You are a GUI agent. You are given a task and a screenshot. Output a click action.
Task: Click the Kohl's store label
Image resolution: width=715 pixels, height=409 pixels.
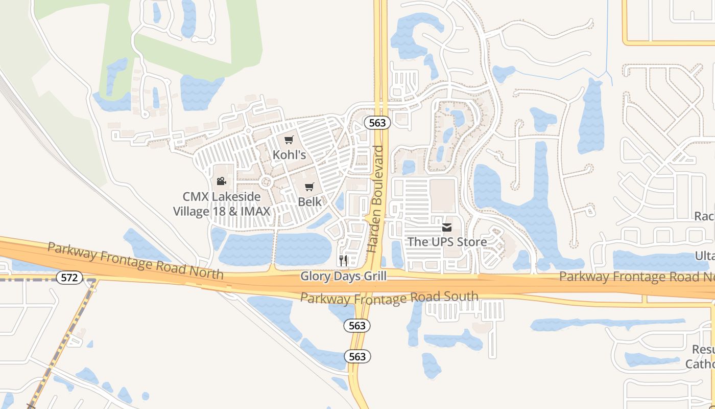pos(289,154)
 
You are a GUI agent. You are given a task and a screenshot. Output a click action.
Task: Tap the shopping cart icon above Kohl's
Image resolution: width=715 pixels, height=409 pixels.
pos(289,140)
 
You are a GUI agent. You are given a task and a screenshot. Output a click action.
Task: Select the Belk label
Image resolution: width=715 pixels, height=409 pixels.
pos(309,201)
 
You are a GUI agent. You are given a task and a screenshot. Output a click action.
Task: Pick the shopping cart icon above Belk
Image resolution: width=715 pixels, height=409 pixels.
pos(309,187)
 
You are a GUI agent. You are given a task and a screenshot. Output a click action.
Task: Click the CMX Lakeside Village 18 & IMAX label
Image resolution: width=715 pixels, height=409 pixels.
pos(222,204)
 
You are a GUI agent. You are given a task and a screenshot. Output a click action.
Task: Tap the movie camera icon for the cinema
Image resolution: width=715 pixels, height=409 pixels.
pos(221,181)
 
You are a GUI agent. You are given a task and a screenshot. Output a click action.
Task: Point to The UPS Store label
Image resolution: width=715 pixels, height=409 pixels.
pos(447,241)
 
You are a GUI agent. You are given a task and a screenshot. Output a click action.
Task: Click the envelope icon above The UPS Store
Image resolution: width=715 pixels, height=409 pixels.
pos(447,227)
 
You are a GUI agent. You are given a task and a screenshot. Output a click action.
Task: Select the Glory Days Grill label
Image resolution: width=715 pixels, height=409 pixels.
pos(343,276)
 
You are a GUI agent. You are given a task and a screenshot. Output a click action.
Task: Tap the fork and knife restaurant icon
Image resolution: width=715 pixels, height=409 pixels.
pos(343,261)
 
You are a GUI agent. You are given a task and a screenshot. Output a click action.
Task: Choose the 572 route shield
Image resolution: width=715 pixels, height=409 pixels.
pos(69,278)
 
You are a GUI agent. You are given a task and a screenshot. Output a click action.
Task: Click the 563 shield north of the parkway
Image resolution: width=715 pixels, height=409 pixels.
pos(377,123)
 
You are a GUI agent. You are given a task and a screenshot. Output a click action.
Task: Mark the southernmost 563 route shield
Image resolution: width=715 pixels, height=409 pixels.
pos(357,356)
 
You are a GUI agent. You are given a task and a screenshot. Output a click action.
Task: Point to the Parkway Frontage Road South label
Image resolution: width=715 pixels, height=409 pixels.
pos(389,298)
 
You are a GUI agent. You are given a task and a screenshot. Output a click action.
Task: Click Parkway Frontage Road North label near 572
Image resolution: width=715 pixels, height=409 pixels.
pos(135,261)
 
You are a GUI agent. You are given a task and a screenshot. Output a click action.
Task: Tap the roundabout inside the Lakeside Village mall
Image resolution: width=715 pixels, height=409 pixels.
pos(266,181)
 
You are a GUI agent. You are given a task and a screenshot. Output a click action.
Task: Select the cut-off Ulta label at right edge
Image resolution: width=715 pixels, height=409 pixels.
pos(704,256)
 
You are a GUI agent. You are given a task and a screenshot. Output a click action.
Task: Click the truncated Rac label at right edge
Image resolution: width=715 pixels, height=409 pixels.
pos(704,217)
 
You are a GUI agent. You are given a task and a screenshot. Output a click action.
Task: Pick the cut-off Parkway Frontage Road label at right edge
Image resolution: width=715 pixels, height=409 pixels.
pos(636,277)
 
